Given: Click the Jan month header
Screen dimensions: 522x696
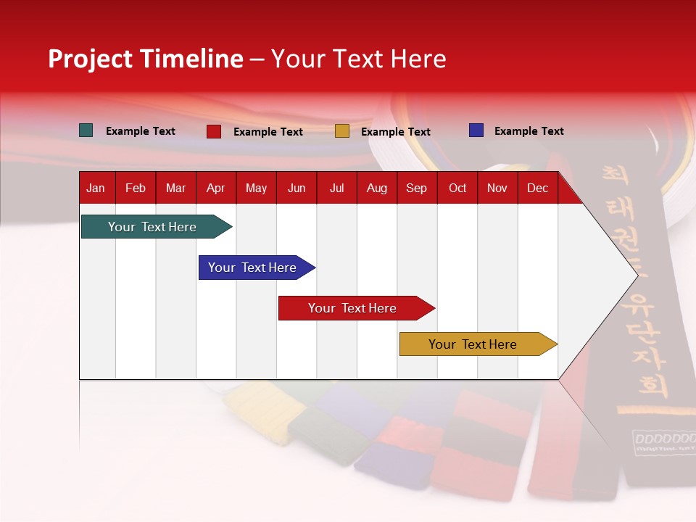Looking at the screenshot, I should [x=96, y=188].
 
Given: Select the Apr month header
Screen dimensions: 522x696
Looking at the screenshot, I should [x=215, y=188].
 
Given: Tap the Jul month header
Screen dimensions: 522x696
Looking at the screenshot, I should [x=336, y=188].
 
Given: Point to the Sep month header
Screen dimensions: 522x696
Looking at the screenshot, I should [x=416, y=188].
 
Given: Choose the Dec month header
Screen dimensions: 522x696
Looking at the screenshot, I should [x=537, y=188].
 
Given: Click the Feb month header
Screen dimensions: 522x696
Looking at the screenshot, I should [x=136, y=188].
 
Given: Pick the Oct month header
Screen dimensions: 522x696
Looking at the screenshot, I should [x=457, y=188].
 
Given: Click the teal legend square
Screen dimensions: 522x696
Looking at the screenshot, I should [x=86, y=130].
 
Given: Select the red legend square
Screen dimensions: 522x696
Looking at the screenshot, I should [x=214, y=131].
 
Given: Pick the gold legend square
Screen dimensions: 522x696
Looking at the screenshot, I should [x=342, y=131].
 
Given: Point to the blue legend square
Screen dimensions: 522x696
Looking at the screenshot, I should [x=476, y=130].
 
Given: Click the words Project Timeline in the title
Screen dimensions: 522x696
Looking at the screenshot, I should [x=146, y=59].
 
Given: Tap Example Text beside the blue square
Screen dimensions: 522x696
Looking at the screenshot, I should [x=529, y=131].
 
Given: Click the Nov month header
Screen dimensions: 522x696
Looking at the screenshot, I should [x=497, y=188].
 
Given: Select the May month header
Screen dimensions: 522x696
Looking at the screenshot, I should [x=256, y=188].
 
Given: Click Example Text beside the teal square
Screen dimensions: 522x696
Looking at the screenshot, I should [x=141, y=131].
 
